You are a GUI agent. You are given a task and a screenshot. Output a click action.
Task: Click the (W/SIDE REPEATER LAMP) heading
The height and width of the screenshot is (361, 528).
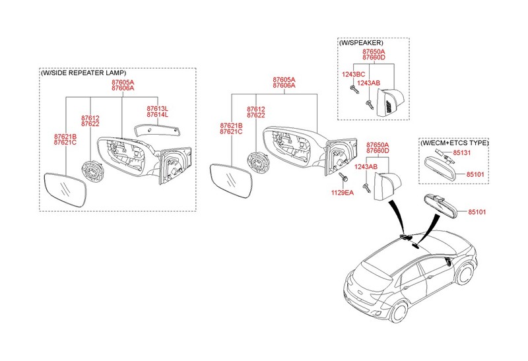84,73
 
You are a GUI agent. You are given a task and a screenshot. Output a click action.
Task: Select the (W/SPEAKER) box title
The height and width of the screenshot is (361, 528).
361,43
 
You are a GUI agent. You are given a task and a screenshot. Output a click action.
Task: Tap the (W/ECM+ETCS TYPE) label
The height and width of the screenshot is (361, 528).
454,143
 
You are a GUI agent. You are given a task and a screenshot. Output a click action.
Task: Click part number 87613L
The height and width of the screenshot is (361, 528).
157,109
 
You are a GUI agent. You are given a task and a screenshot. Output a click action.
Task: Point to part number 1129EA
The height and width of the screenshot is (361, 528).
343,193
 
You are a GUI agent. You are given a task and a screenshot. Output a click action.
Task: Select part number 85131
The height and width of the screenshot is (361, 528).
461,152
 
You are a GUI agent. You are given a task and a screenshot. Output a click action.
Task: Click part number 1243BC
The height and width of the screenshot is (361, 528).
353,75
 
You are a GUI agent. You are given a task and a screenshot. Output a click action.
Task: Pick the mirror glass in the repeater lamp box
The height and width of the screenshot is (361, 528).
65,189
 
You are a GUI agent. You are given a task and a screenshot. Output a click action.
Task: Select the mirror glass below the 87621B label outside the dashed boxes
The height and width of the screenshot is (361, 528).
230,181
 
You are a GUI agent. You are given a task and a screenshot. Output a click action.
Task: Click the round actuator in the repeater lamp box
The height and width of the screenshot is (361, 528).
92,170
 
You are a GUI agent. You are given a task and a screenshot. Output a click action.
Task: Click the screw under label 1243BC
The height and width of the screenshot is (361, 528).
354,89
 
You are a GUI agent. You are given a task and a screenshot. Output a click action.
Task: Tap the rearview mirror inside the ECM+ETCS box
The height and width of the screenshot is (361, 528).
441,168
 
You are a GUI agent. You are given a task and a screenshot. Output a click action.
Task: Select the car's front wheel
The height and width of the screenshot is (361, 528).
466,273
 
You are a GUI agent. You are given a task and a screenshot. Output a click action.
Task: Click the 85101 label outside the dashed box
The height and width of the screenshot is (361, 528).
477,212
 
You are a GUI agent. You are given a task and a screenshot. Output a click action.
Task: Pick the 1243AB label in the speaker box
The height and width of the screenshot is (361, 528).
369,83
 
